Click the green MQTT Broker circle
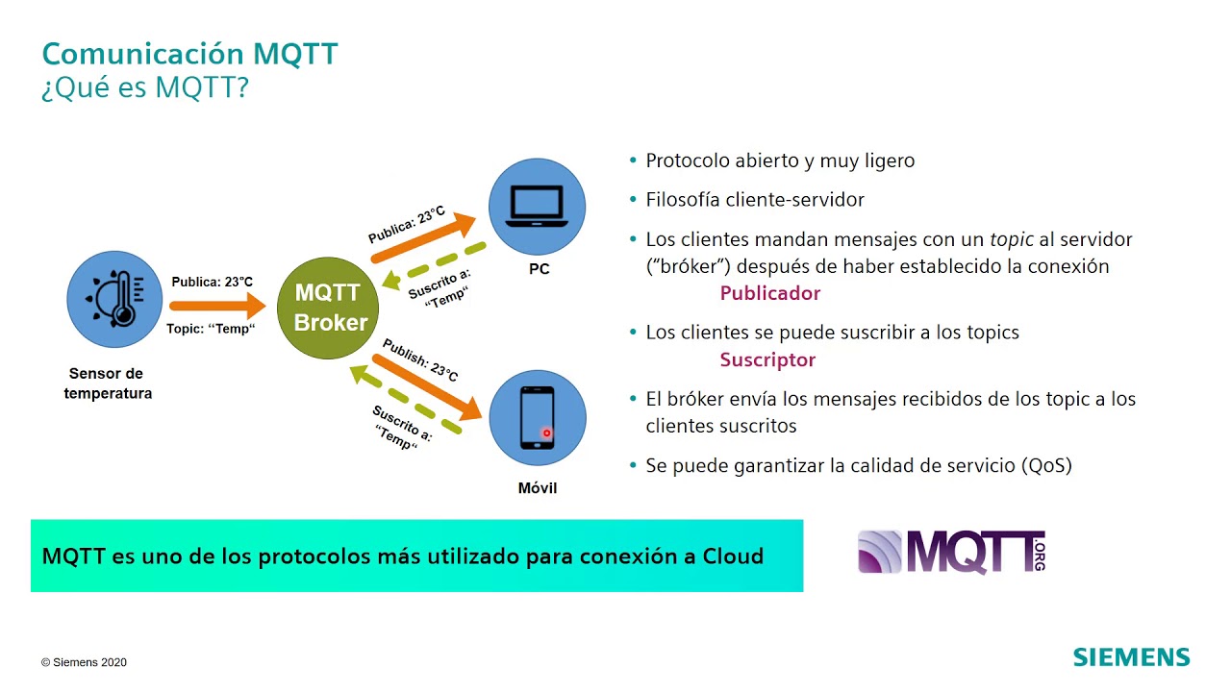[329, 308]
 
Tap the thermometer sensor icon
[114, 299]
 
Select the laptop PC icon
[538, 206]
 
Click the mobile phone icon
[538, 417]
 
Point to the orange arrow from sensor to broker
[216, 307]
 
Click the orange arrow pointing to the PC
[424, 236]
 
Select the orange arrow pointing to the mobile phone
[427, 386]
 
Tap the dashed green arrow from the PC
[433, 265]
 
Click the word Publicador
[770, 293]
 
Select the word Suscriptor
[767, 360]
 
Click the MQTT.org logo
[951, 552]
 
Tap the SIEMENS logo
[1131, 657]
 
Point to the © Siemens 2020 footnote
[84, 662]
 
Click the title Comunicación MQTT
[190, 54]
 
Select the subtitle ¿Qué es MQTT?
[145, 87]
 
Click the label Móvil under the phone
[538, 488]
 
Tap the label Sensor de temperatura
[108, 383]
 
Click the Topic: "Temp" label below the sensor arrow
[212, 329]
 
